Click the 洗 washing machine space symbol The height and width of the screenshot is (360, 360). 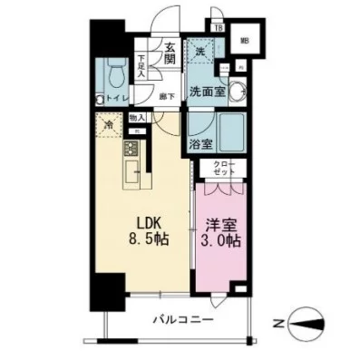[x=200, y=53]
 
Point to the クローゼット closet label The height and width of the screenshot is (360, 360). [x=224, y=169]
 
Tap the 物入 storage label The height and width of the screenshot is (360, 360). [x=136, y=117]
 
